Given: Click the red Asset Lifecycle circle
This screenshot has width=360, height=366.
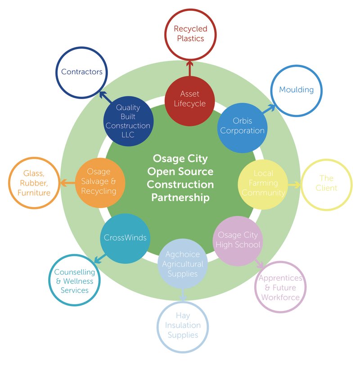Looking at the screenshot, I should click(x=189, y=99).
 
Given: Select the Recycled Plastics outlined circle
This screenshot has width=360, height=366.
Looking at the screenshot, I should click(x=190, y=34).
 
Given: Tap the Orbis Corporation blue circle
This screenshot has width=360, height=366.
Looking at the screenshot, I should click(x=242, y=126).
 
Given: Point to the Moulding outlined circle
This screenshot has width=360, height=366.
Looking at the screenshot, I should click(x=296, y=90).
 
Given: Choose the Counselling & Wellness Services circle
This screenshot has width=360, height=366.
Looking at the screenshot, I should click(x=74, y=281).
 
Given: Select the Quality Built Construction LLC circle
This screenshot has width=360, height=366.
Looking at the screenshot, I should click(x=128, y=121).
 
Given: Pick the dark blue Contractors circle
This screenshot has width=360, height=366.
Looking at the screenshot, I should click(x=81, y=72).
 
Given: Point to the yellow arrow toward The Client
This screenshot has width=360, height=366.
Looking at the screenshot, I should click(x=294, y=184).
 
